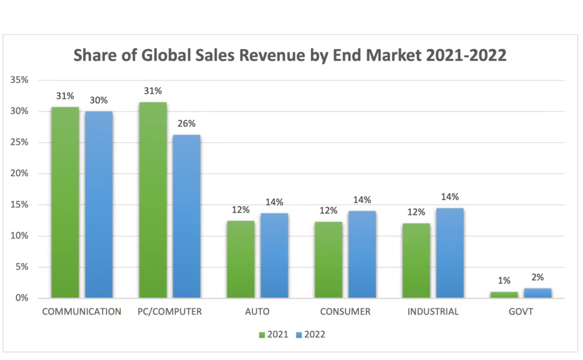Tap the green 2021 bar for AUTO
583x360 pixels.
coord(241,259)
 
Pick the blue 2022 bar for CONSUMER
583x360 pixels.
coord(362,254)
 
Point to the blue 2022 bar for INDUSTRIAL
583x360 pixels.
coord(450,253)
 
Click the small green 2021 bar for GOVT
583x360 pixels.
coord(504,294)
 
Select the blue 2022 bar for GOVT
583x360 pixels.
coord(538,293)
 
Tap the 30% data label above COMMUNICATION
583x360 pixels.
coord(99,101)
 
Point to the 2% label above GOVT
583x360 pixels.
coord(538,277)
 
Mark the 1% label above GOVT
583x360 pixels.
coord(504,281)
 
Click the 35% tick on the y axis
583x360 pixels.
coord(19,80)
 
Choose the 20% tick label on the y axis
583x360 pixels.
coord(19,174)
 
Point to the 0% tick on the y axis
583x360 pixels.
coord(21,298)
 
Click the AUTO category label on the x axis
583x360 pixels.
coord(258,311)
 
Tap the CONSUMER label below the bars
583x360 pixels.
coord(345,311)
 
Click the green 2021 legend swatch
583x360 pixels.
coord(262,335)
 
